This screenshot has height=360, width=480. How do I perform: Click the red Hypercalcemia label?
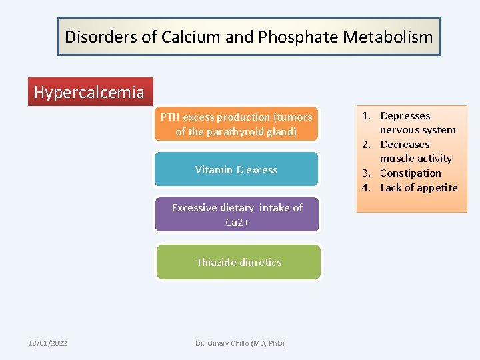coord(89,92)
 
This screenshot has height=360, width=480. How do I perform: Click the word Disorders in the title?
coord(101,37)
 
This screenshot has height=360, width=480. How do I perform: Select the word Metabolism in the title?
coord(388,37)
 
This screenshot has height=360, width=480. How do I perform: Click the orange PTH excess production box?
coord(236,124)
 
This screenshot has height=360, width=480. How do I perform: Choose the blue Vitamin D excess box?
coord(236,169)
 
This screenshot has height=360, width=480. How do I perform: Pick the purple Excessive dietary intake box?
coord(237,215)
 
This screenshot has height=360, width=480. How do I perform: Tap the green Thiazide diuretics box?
coord(238,262)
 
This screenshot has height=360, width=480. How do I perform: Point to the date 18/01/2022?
coord(47,343)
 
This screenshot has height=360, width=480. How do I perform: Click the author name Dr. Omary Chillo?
coord(239,343)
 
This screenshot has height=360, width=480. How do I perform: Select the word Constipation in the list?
coord(411,173)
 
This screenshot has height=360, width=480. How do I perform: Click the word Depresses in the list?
coord(405,116)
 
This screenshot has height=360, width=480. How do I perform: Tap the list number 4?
coord(366,188)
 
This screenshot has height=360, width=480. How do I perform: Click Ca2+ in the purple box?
coord(237,223)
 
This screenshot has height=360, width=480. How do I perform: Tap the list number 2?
coord(366,145)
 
